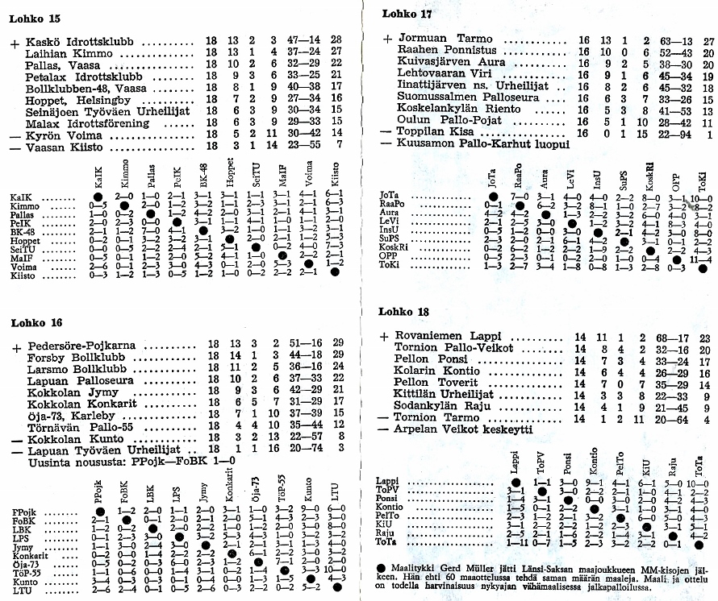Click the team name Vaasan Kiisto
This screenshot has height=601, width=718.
(x=65, y=145)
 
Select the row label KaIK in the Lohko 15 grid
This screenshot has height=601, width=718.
(x=22, y=197)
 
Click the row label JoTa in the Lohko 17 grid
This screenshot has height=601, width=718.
(x=390, y=196)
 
